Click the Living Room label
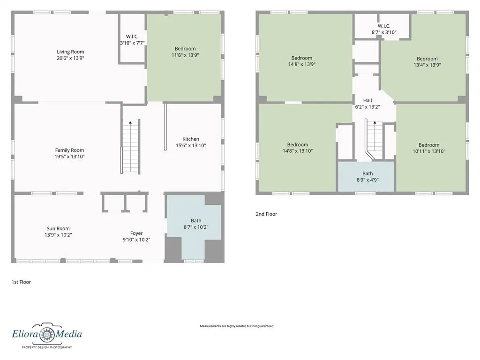click(70, 52)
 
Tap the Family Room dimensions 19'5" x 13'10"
click(69, 157)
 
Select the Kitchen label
click(191, 139)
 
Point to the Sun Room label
click(58, 228)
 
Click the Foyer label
click(136, 233)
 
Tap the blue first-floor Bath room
click(194, 226)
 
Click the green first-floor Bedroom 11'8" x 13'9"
click(184, 58)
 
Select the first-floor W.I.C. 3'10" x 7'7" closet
click(132, 39)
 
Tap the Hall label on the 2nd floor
click(367, 100)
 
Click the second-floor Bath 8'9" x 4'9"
click(366, 177)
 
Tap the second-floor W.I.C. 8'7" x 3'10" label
click(384, 29)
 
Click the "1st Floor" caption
click(21, 282)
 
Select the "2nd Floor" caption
click(266, 214)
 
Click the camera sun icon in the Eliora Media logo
click(47, 333)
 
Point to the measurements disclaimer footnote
click(237, 326)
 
